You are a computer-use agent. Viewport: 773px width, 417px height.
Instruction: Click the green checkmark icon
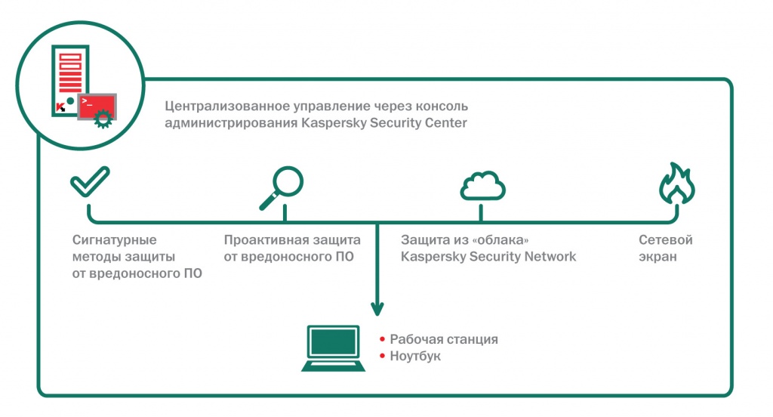pyautogui.click(x=90, y=181)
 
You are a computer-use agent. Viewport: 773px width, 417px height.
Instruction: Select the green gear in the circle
pyautogui.click(x=102, y=118)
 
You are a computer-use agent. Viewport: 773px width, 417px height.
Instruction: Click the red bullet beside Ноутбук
pyautogui.click(x=383, y=356)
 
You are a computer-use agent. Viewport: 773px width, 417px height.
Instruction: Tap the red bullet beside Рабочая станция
pyautogui.click(x=383, y=339)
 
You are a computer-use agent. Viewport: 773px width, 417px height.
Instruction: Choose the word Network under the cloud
pyautogui.click(x=549, y=257)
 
